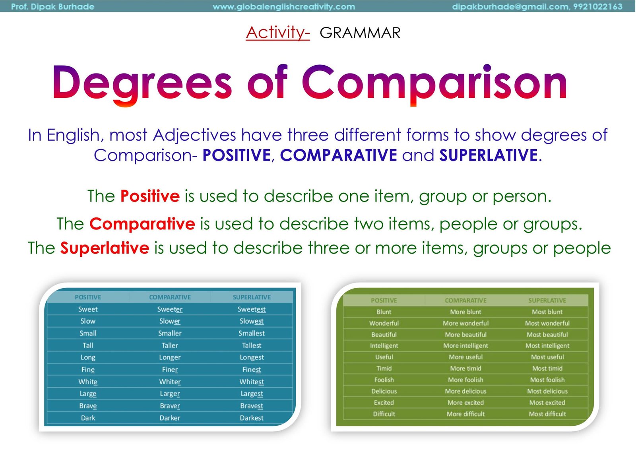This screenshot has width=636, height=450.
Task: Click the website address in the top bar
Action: pos(284,6)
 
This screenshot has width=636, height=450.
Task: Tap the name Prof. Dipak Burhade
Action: pos(52,6)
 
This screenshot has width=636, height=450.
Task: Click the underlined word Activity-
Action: pos(278,33)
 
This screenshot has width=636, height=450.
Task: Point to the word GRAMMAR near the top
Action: pos(360,33)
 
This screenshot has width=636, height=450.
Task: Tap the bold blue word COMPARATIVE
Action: pos(338,155)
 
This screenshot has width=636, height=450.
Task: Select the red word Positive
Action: pos(150,196)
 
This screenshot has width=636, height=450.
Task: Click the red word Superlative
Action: pos(105,248)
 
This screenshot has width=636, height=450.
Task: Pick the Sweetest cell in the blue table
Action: pos(252,309)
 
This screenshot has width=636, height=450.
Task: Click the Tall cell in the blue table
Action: pos(88,345)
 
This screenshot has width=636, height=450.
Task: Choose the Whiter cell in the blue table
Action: pos(170,382)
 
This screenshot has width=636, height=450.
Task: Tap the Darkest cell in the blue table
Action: pos(252,418)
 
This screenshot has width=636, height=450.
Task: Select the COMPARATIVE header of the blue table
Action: pos(170,297)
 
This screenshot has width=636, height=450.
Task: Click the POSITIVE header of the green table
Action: pos(384,301)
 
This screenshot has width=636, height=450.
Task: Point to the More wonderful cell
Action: pos(465,323)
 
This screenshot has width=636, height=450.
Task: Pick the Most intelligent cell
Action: pos(547,345)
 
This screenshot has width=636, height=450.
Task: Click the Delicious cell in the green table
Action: pos(384,391)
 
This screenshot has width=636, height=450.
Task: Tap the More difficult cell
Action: pos(465,414)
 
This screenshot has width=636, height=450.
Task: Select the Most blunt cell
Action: pos(547,312)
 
